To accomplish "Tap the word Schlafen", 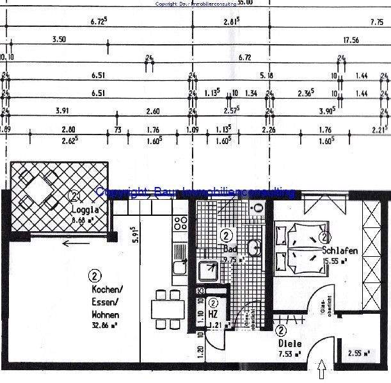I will click(x=339, y=250).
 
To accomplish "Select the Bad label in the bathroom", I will click(x=230, y=247).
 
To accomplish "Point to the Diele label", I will click(x=290, y=343).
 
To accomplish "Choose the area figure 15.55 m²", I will click(x=335, y=261).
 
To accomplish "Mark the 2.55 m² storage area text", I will click(x=356, y=353).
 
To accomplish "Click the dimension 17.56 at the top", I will click(x=350, y=40).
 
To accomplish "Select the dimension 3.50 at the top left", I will click(x=60, y=40).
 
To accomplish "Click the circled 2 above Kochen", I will click(x=95, y=277).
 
